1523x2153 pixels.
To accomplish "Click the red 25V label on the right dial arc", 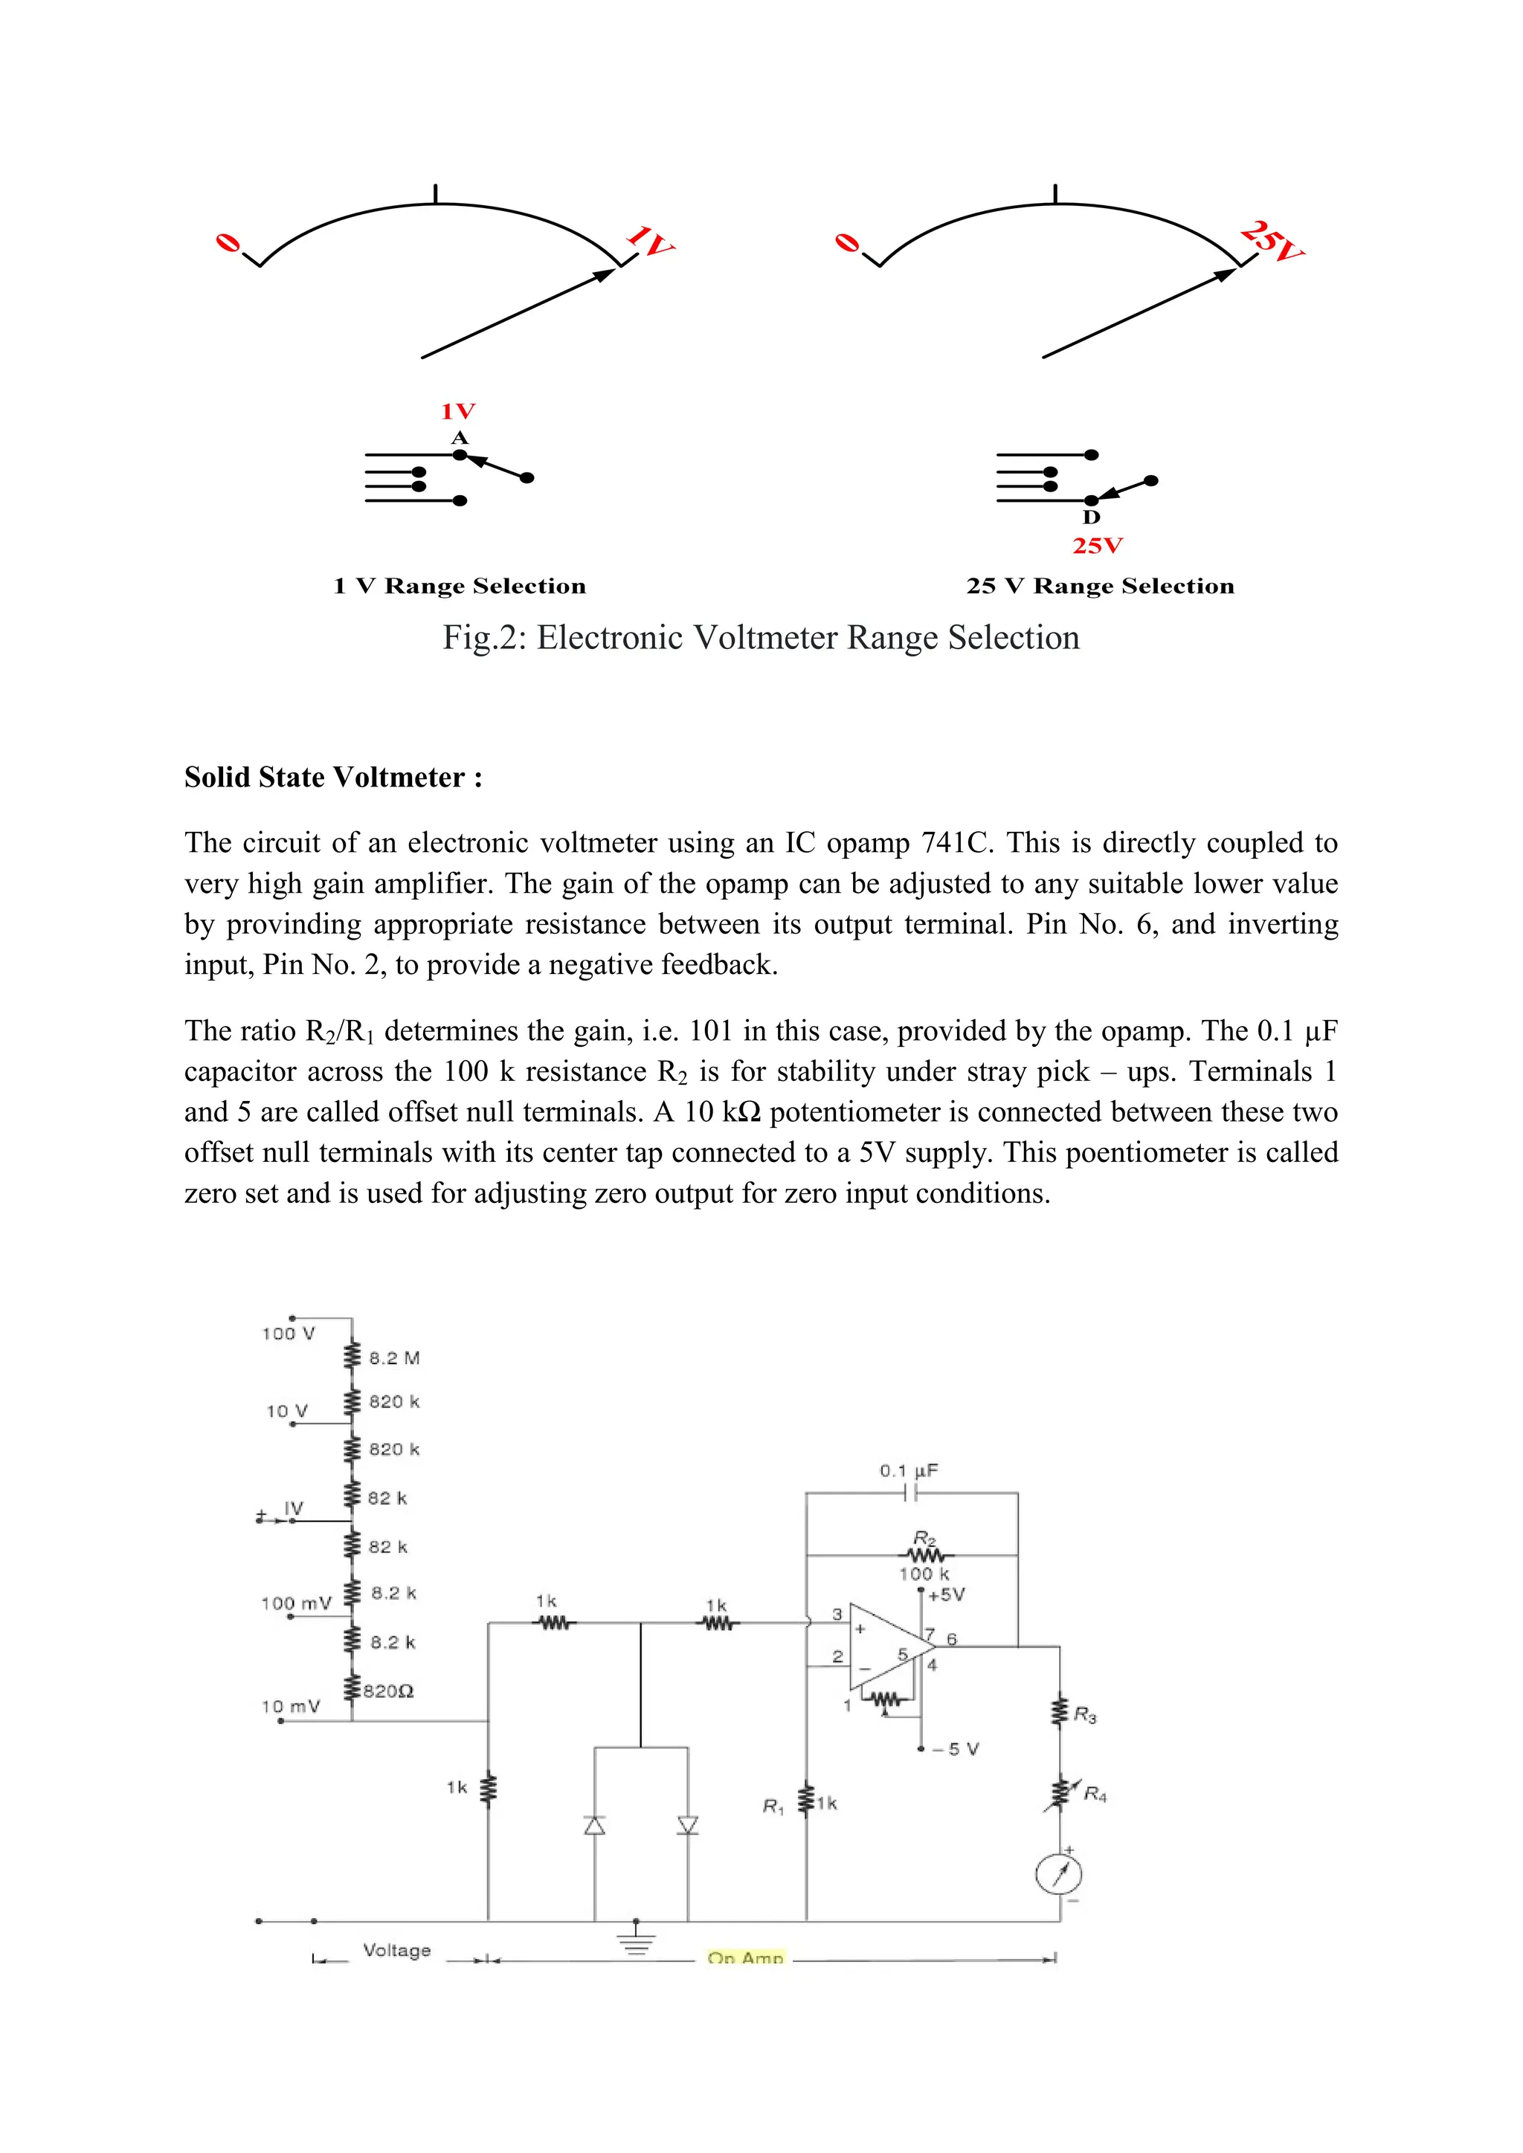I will tap(1272, 241).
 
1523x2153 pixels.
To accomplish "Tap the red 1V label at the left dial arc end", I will tap(650, 240).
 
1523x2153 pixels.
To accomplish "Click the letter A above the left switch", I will tap(460, 438).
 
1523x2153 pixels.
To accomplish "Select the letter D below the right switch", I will tap(1092, 517).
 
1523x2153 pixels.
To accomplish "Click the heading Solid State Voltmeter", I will tap(333, 778).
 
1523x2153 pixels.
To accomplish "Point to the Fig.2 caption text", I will tap(761, 638).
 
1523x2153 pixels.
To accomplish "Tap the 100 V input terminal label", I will tap(288, 1334).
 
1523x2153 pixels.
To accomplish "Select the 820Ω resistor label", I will tap(388, 1691).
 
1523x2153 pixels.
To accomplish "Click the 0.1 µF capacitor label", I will tap(908, 1471).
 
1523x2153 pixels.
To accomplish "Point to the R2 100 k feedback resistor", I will tap(924, 1556).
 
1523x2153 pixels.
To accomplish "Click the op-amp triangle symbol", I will tap(886, 1648).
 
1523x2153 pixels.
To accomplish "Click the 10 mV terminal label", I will tap(291, 1707).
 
